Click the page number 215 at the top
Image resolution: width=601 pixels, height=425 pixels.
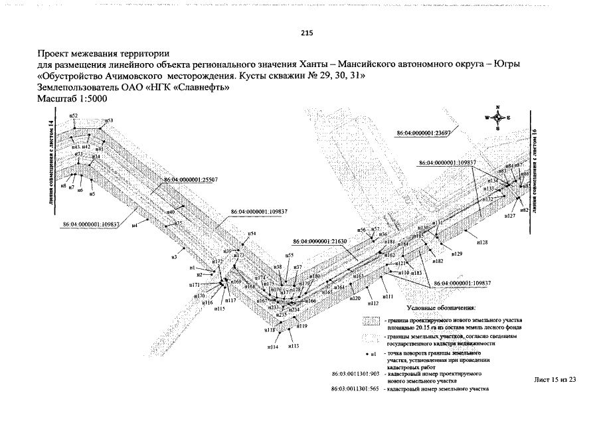pyautogui.click(x=306, y=33)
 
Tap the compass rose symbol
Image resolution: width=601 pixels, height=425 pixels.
pyautogui.click(x=497, y=118)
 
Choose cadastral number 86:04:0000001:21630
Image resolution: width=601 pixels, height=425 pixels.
pyautogui.click(x=319, y=242)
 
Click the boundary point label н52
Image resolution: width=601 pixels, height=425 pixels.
pyautogui.click(x=74, y=116)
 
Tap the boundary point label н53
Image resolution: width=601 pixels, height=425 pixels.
pyautogui.click(x=109, y=121)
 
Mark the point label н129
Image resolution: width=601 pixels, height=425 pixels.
pyautogui.click(x=456, y=254)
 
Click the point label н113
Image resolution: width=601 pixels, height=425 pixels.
pyautogui.click(x=294, y=346)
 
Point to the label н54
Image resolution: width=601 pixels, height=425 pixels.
pyautogui.click(x=252, y=234)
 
